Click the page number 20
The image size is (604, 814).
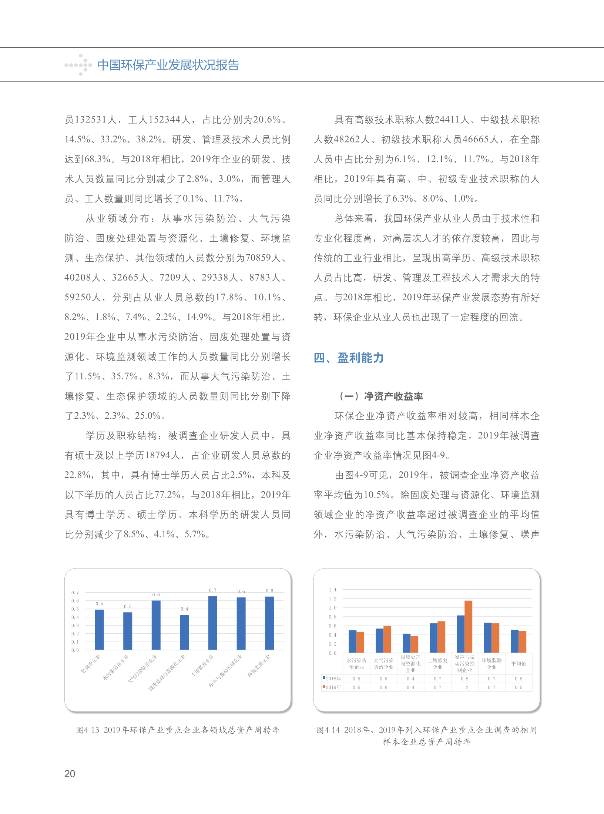click(70, 774)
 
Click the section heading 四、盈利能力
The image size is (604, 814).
click(349, 358)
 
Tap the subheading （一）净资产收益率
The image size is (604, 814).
click(381, 396)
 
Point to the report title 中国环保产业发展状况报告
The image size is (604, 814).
click(168, 65)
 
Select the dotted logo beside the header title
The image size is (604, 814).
click(78, 65)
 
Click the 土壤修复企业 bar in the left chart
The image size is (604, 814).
click(213, 623)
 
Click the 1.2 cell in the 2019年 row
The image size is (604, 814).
click(464, 687)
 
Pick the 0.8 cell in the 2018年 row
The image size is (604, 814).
click(464, 679)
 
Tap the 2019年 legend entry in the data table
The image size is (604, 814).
click(332, 687)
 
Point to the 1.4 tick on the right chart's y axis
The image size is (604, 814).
click(333, 590)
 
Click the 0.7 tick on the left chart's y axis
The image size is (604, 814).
click(75, 593)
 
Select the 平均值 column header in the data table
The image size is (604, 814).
click(519, 664)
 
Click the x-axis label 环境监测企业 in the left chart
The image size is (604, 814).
click(259, 666)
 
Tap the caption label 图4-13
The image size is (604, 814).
click(88, 730)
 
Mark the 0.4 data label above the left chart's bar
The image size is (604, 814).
click(184, 609)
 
